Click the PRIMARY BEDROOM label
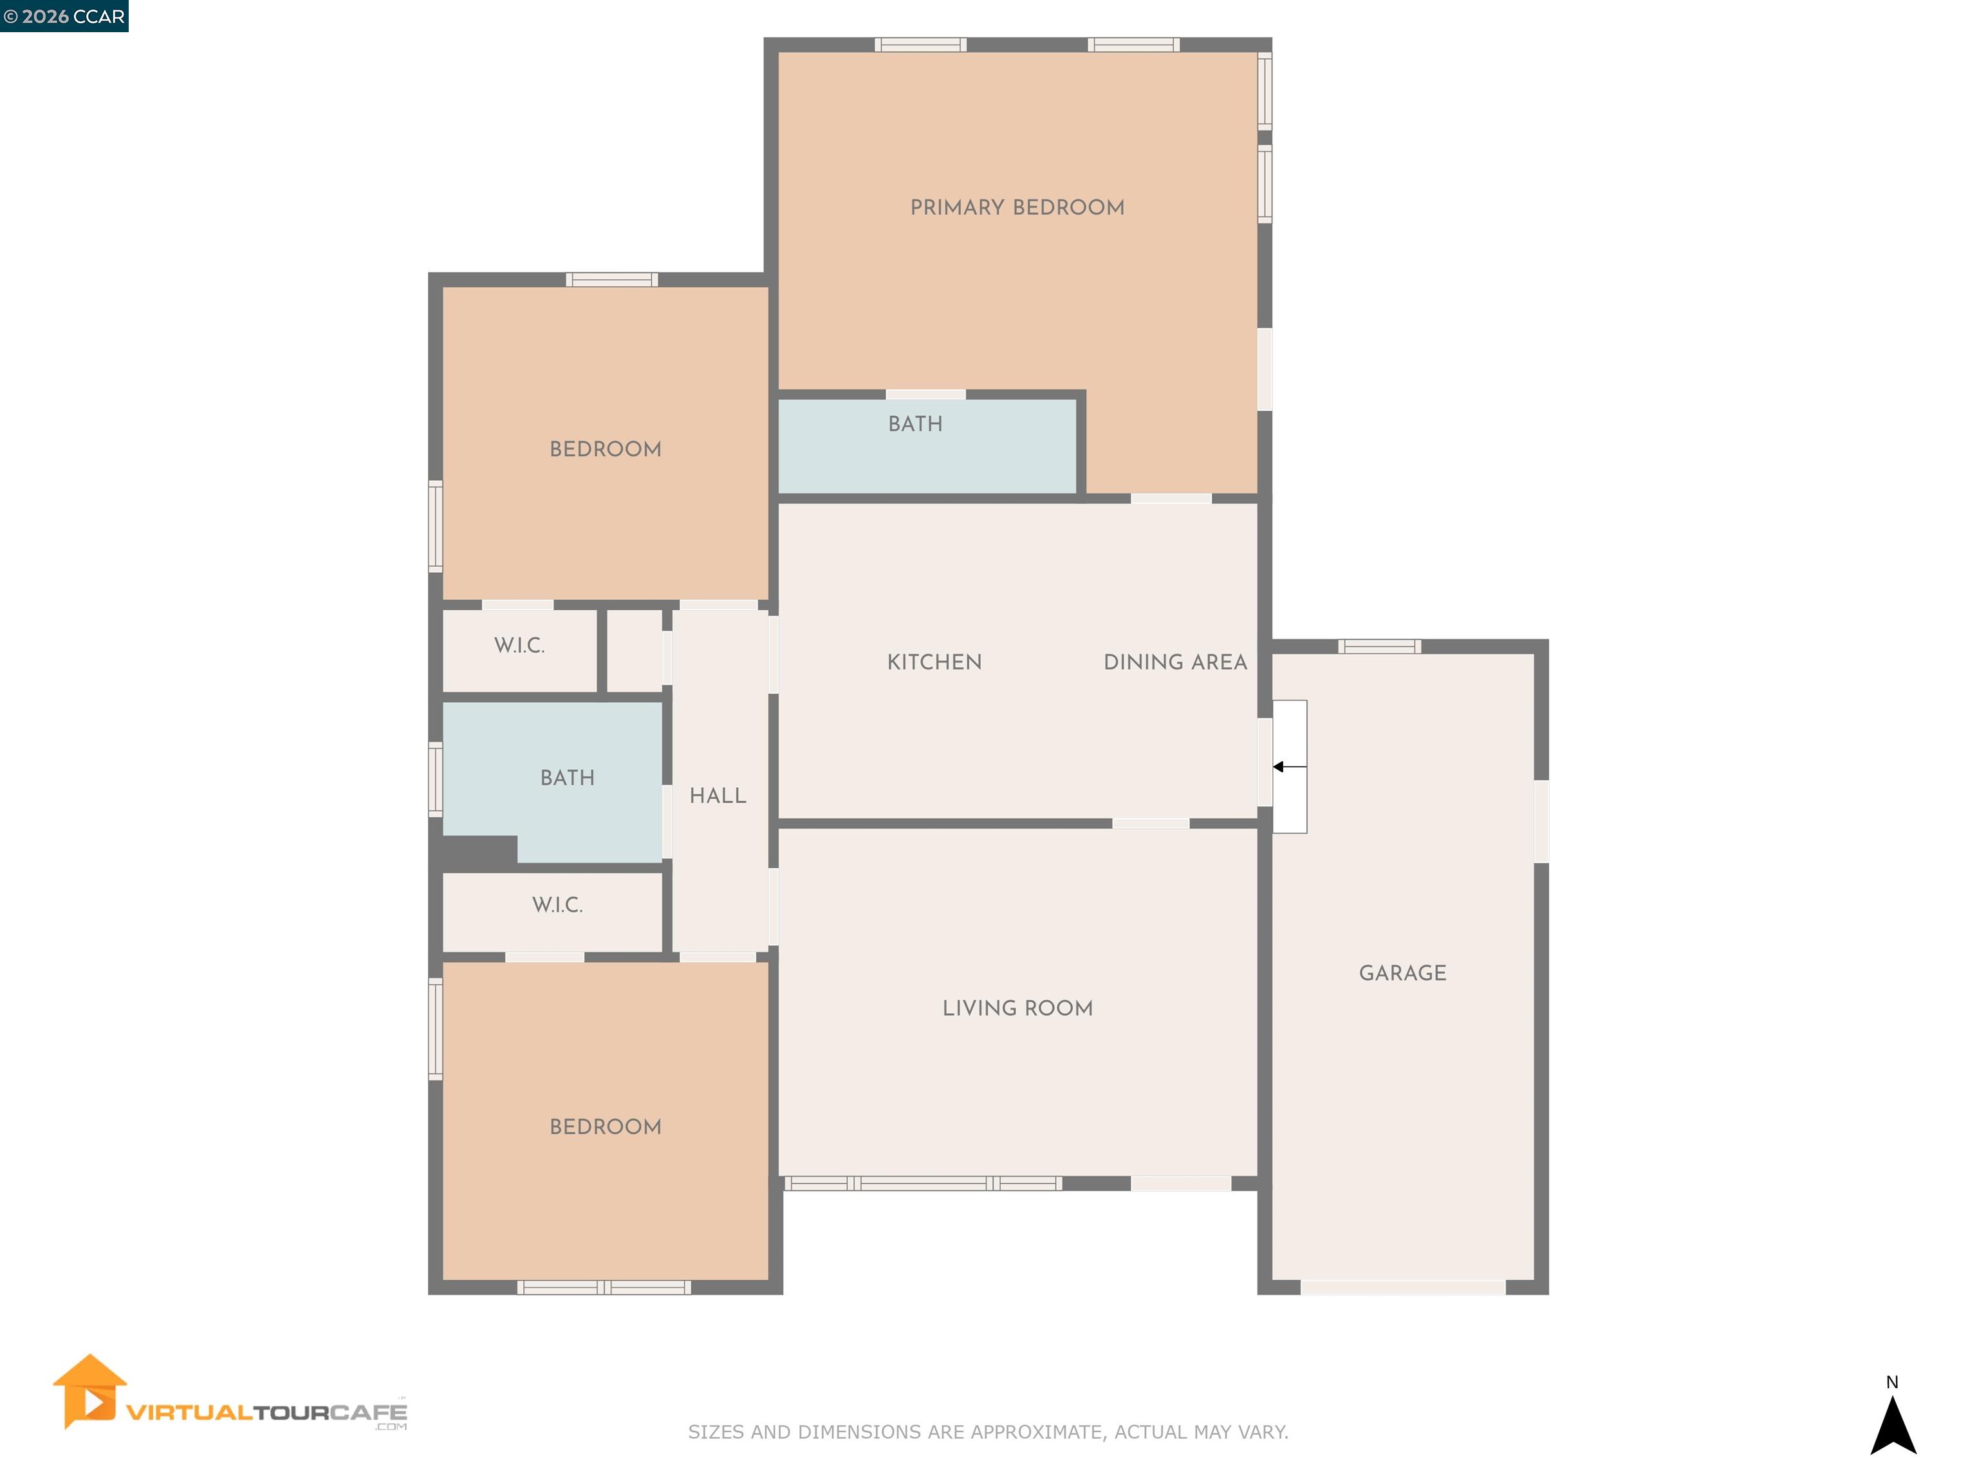[1017, 207]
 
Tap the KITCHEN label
[934, 662]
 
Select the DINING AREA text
[1174, 662]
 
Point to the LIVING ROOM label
[1017, 1009]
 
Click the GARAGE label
[1402, 973]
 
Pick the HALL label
[718, 796]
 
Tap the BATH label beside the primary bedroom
[915, 424]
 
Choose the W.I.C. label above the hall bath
[519, 646]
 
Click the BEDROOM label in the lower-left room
[605, 1126]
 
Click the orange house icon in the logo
[88, 1390]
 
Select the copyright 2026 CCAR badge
[64, 16]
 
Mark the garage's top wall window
[1379, 646]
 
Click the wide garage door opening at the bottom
[1402, 1287]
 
